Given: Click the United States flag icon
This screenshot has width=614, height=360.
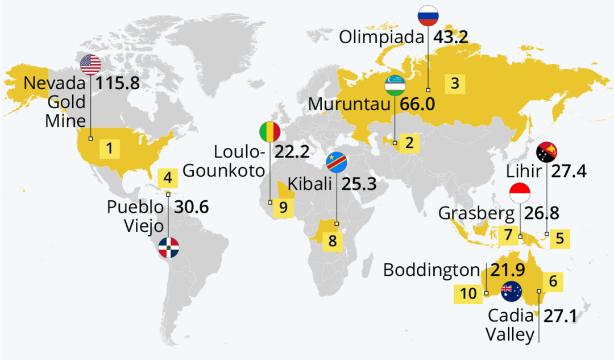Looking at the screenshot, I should tap(90, 65).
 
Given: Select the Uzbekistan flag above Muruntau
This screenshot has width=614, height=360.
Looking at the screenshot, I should tap(395, 86).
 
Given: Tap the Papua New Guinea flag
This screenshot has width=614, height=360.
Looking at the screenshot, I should tap(546, 152).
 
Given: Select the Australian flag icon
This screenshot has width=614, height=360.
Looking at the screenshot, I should tap(511, 291).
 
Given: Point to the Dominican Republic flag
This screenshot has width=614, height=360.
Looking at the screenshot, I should tap(169, 247).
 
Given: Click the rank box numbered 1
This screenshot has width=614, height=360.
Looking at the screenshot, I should tap(110, 149).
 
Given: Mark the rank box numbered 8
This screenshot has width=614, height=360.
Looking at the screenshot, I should tap(333, 241).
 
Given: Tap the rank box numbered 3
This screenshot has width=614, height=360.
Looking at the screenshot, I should tap(454, 84).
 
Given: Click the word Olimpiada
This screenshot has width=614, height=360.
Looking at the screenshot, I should tap(382, 38).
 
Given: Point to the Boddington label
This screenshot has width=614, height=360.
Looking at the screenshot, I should tap(432, 270).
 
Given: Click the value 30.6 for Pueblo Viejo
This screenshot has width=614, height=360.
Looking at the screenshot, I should tap(191, 208).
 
